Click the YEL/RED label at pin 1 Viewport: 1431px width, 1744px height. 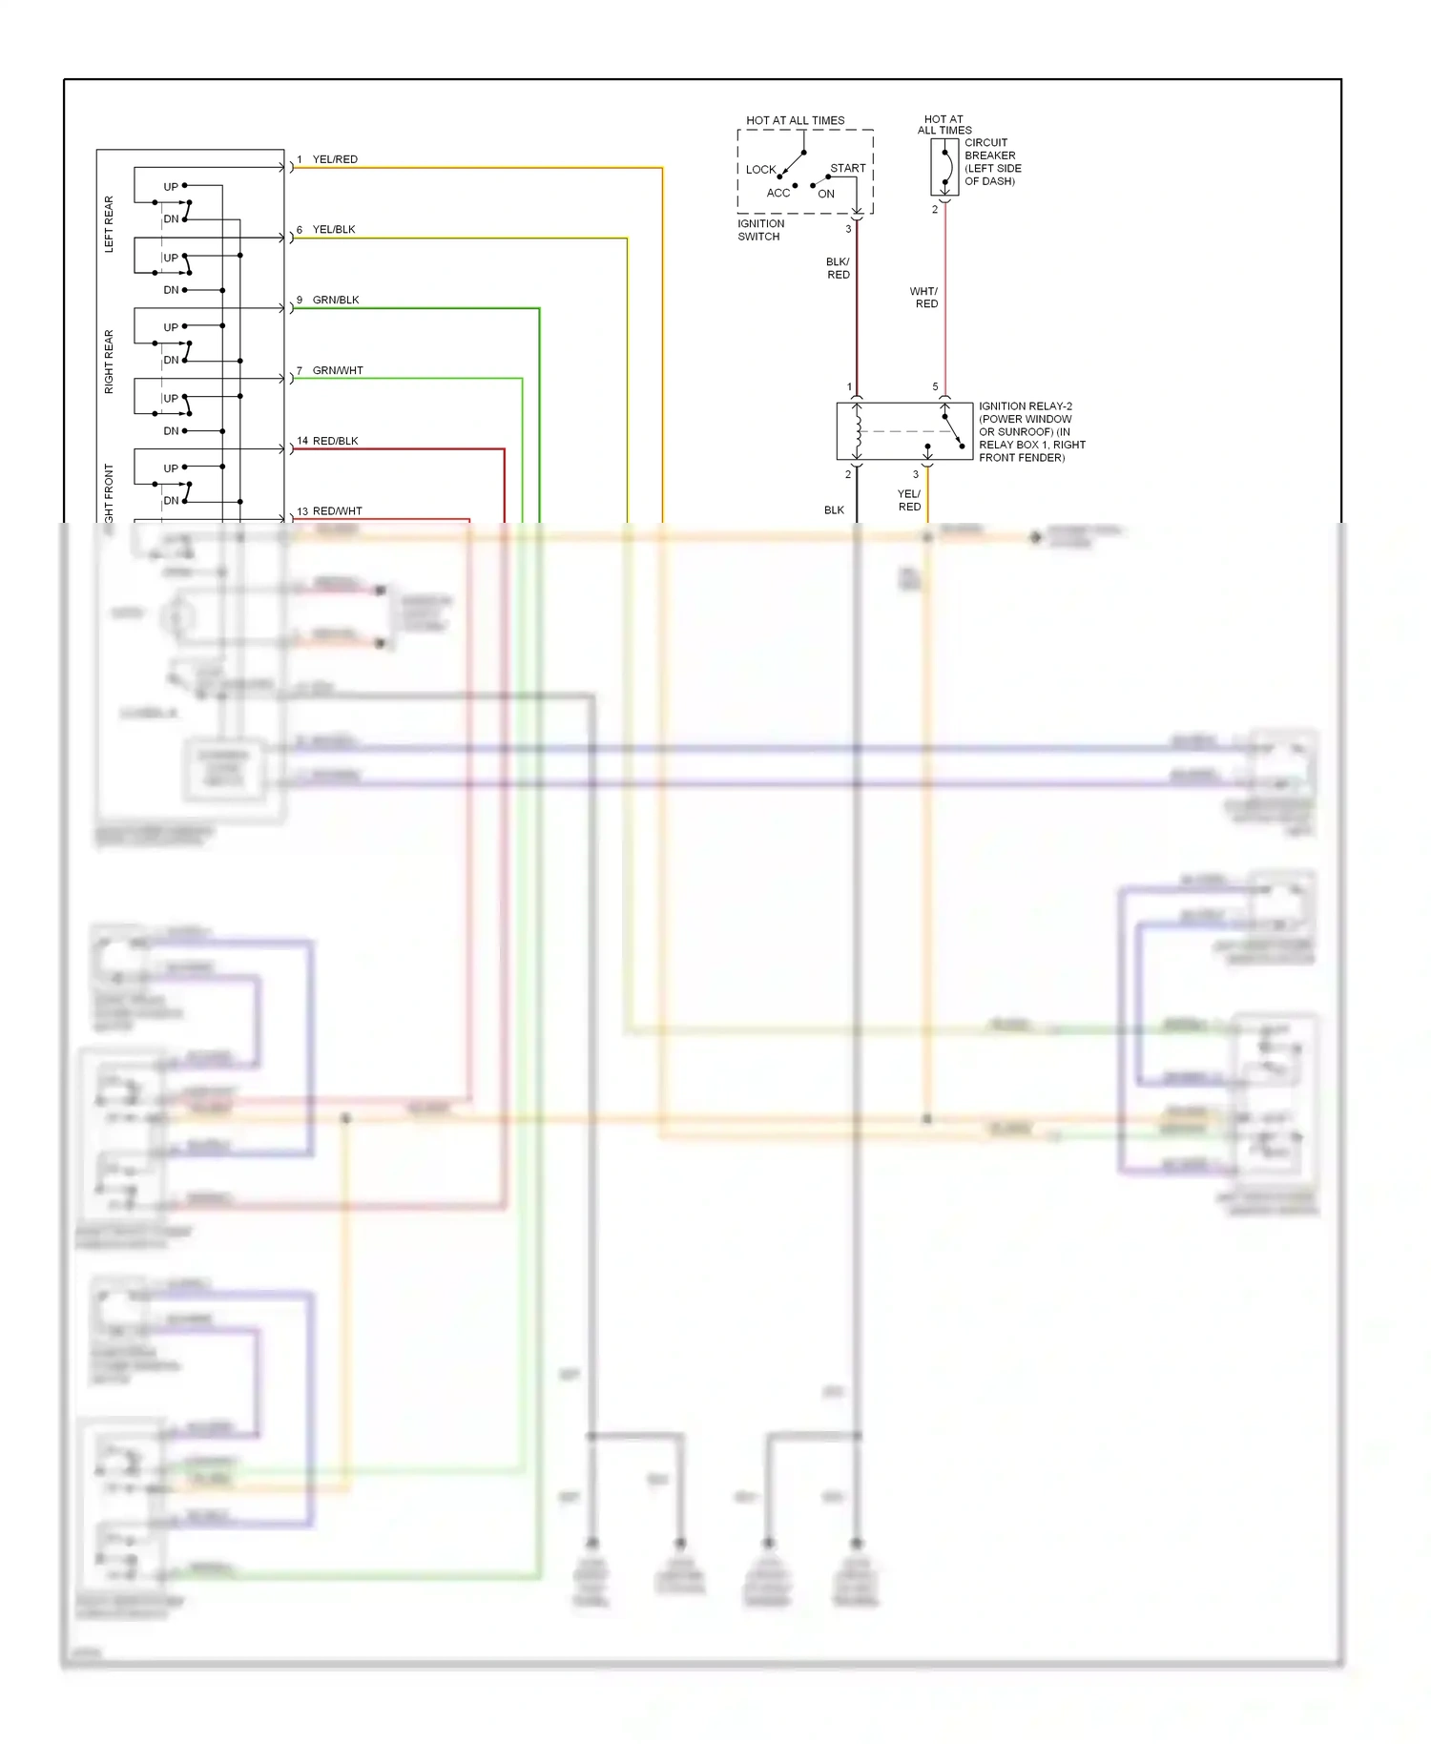pyautogui.click(x=335, y=159)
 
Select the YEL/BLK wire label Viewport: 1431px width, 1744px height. pyautogui.click(x=334, y=230)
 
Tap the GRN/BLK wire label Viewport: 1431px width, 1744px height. pyautogui.click(x=336, y=301)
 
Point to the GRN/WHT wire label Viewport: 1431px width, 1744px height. pyautogui.click(x=338, y=371)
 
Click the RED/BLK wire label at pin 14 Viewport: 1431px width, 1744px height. pyautogui.click(x=335, y=442)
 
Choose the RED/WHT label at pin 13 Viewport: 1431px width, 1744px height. pyautogui.click(x=337, y=511)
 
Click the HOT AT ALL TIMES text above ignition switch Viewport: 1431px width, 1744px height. pyautogui.click(x=795, y=121)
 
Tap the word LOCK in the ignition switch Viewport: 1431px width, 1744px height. pyautogui.click(x=760, y=170)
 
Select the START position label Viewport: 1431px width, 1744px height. pyautogui.click(x=847, y=169)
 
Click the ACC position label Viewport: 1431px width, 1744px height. pyautogui.click(x=778, y=193)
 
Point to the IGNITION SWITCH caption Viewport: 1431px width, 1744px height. pyautogui.click(x=760, y=230)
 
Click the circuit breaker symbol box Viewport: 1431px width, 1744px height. pyautogui.click(x=944, y=167)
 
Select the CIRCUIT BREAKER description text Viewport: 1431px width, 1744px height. pyautogui.click(x=992, y=162)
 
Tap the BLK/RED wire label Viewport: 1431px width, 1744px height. pyautogui.click(x=838, y=268)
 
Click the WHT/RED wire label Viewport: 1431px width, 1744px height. pyautogui.click(x=924, y=298)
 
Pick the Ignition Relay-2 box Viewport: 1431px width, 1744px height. pyautogui.click(x=903, y=431)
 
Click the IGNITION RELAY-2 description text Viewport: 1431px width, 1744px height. pyautogui.click(x=1031, y=432)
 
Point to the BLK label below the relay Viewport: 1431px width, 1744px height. pyautogui.click(x=834, y=510)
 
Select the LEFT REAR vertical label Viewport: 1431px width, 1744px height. pyautogui.click(x=109, y=224)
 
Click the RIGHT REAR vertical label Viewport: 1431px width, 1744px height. pyautogui.click(x=109, y=362)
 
